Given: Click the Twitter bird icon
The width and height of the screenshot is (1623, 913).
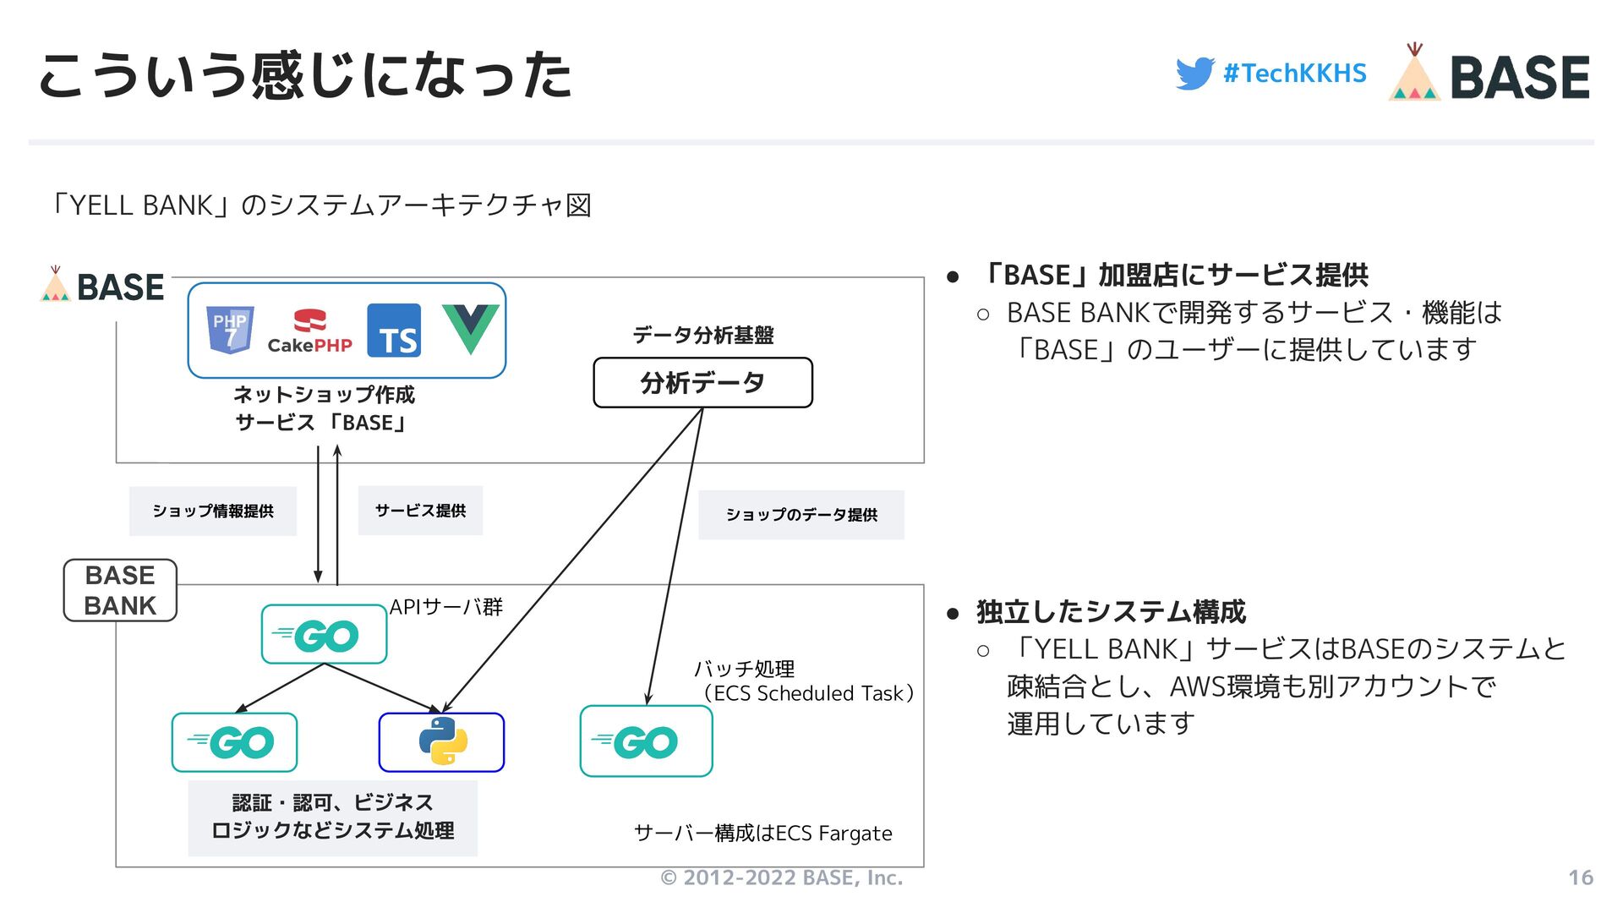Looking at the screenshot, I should tap(1194, 74).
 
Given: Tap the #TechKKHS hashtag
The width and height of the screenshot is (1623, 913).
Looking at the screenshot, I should tap(1294, 74).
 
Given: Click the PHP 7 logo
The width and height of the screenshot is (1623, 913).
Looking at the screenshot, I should tap(230, 329).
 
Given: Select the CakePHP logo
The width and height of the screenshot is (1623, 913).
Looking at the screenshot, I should tap(309, 331).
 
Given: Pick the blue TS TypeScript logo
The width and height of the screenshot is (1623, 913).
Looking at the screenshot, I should tap(394, 331).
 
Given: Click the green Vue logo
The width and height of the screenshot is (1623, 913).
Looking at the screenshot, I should tap(470, 329).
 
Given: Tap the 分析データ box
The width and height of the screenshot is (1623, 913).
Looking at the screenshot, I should tap(702, 383).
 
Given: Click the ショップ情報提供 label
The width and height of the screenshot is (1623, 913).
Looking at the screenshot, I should tap(213, 511).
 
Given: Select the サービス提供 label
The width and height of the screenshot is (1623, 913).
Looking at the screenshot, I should tap(420, 511).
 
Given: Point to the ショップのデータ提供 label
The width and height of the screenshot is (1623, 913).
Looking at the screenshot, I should tap(801, 515).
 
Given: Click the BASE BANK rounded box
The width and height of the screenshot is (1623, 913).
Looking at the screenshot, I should tap(120, 591).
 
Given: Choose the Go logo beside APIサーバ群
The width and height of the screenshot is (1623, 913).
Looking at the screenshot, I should tap(324, 635).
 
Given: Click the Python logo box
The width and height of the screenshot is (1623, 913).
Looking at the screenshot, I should tap(441, 742).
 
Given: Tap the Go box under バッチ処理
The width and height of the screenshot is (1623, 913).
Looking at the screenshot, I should tap(646, 741).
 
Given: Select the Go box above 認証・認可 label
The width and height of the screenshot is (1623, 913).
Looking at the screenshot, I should tap(234, 742).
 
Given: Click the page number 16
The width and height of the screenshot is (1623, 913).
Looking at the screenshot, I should tap(1580, 877).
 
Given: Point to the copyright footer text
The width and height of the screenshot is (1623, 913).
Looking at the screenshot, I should tap(781, 877).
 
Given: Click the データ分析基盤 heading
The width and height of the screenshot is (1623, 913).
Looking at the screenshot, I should tap(702, 336).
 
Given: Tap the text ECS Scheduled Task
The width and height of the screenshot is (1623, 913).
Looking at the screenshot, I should tap(809, 693).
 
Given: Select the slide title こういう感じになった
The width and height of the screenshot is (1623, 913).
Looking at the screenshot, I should tap(305, 76).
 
